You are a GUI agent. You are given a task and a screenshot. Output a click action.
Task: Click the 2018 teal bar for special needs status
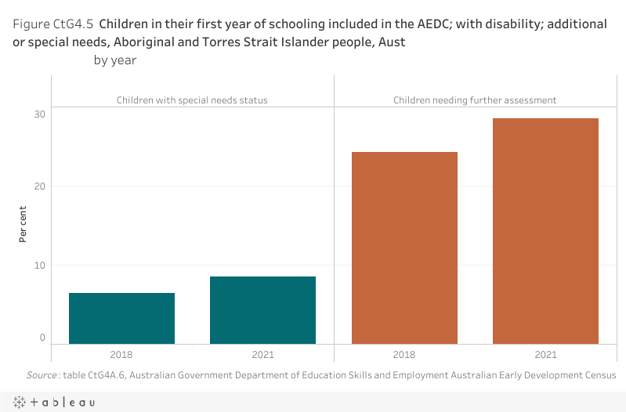121,318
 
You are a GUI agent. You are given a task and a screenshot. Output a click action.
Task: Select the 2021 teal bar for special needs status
262,310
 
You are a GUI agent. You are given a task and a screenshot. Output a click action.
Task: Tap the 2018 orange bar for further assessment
404,248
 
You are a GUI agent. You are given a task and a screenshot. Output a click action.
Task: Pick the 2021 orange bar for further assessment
545,231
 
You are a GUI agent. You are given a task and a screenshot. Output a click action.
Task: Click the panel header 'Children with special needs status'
192,100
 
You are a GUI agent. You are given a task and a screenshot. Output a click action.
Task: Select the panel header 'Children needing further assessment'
475,100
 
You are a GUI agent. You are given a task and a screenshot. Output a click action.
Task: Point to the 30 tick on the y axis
38,114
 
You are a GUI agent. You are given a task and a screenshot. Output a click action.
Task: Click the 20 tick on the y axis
38,186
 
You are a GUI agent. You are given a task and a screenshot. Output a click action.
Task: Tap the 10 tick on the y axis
38,266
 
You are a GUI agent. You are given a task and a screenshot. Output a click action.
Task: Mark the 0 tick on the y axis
42,338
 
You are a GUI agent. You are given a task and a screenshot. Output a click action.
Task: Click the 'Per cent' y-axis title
24,224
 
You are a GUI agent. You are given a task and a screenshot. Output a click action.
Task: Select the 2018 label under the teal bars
121,355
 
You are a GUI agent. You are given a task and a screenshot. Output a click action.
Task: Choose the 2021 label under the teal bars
262,355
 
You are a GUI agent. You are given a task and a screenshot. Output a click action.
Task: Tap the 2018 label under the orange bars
404,355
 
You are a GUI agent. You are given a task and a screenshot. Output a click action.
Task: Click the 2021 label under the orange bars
545,355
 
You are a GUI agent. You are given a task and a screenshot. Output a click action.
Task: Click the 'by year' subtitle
115,60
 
